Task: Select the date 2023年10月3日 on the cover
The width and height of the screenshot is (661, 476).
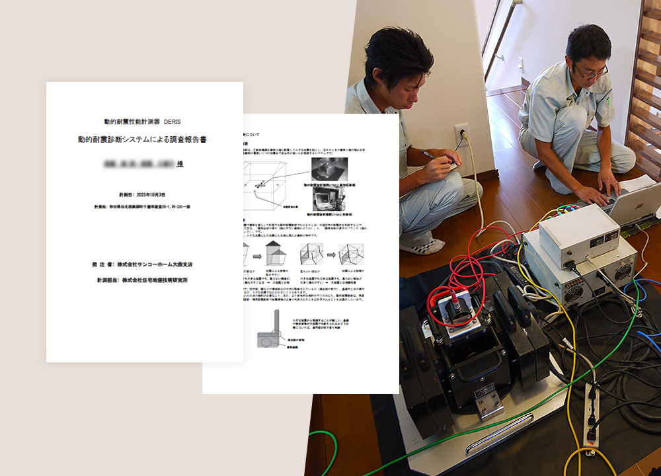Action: tap(147, 195)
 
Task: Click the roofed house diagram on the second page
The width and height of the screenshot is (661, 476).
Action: tap(273, 253)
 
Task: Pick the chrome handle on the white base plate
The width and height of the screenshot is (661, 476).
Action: tap(500, 441)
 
